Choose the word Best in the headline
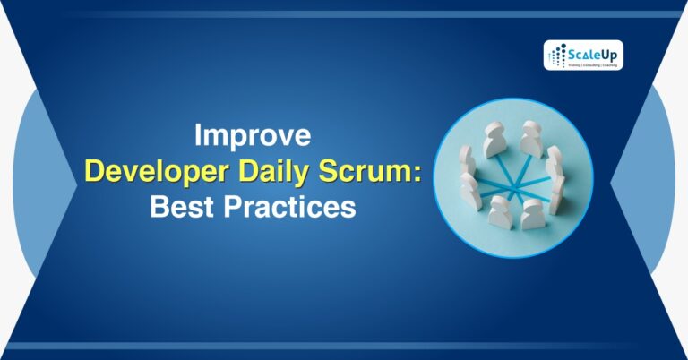click(178, 208)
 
